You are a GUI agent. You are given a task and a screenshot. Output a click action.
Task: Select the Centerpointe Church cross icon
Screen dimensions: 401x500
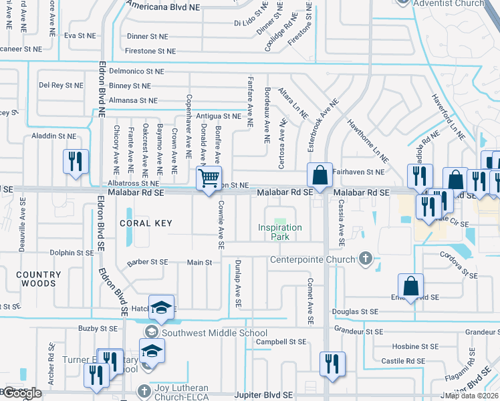point(365,257)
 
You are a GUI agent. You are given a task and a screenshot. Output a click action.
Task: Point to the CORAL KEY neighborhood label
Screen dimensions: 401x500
point(146,223)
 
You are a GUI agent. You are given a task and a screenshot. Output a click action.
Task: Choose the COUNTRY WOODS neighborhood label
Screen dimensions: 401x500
point(38,279)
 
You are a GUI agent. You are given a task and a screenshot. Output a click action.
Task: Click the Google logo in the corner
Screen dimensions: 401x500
point(21,393)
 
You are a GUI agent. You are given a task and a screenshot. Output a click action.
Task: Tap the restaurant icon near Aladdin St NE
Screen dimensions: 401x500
point(76,161)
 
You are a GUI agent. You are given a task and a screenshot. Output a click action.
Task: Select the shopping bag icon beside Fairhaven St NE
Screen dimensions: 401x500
point(320,175)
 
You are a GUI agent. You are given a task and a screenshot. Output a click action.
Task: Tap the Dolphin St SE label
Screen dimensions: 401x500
point(72,253)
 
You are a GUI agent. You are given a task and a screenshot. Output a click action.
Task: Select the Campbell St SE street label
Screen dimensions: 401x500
point(281,342)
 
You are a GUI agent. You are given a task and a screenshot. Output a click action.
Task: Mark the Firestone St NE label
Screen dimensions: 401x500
point(150,51)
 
